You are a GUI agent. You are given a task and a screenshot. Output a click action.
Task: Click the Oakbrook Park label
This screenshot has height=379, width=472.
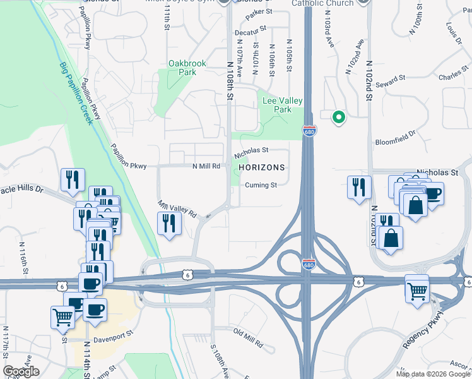coord(183,68)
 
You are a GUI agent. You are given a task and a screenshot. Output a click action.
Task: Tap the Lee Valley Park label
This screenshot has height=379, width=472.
coord(282,105)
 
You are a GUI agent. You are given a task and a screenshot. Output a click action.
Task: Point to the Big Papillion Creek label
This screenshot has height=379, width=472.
coord(76,93)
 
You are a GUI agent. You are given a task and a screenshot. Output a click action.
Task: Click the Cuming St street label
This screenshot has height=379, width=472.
coord(261,185)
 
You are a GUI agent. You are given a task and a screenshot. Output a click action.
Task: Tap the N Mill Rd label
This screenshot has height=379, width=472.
coord(206,166)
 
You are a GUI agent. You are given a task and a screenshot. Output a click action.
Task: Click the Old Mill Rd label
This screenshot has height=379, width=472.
coord(248,338)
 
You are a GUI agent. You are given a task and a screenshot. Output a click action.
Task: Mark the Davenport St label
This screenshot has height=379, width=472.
coord(114,339)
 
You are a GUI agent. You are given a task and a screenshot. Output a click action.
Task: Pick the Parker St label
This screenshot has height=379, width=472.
coord(259,11)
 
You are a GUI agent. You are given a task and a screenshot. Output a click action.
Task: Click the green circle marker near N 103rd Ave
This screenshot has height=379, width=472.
coord(338,116)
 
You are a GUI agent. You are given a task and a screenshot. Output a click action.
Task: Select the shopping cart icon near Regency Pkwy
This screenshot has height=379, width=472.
coord(417,291)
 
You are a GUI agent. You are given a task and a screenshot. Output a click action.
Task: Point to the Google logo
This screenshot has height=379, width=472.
coord(21,371)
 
